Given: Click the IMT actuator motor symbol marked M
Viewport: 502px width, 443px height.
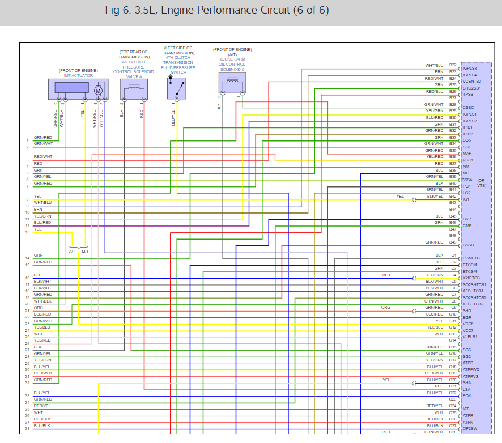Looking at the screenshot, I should point(98,90).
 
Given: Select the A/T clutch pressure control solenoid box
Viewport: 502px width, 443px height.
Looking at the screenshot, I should point(134,89).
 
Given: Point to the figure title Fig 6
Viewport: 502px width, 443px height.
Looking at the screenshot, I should point(217,11).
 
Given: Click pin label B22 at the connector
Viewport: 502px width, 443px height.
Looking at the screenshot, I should point(453,66).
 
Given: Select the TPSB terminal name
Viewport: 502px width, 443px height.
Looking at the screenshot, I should point(468,94).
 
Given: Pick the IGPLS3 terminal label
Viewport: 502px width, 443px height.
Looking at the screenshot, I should point(470,69).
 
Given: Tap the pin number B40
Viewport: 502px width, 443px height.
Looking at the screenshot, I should point(453,183).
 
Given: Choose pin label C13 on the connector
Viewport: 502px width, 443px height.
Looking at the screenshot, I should point(453,334).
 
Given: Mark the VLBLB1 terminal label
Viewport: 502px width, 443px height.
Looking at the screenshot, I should point(470,337).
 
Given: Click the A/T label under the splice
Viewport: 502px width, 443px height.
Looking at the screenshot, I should point(73,251).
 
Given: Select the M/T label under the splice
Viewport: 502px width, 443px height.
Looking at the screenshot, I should point(85,251).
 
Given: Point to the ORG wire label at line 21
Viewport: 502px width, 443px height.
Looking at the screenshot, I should point(38,308).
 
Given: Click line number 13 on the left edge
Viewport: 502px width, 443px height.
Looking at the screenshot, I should point(27,232).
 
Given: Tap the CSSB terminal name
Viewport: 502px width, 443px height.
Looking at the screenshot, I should point(468,245).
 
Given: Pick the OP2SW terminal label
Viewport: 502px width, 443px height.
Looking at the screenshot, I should point(470,428).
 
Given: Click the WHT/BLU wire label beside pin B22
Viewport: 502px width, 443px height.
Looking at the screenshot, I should point(434,66).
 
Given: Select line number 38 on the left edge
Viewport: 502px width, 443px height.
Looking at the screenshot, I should point(27,429).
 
